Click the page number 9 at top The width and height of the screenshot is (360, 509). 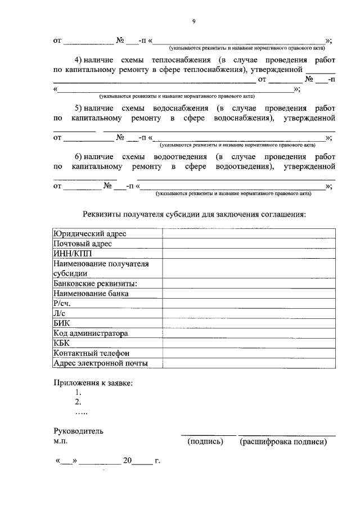(x=193, y=21)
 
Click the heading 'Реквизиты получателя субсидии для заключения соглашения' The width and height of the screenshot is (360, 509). (x=194, y=214)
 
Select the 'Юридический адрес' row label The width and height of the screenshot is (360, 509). (x=89, y=234)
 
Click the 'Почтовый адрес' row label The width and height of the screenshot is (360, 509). (x=82, y=244)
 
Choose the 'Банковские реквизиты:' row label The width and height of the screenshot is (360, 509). (x=95, y=283)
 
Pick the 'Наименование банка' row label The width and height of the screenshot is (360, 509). (x=91, y=293)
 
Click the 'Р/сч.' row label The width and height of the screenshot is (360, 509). (x=61, y=303)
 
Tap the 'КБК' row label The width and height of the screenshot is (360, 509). (x=61, y=343)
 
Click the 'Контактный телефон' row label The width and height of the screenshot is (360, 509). (x=91, y=353)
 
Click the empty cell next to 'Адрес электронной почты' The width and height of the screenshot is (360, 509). (x=249, y=363)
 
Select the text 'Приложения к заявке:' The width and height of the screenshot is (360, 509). (x=93, y=383)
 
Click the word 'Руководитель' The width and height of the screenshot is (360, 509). (x=78, y=431)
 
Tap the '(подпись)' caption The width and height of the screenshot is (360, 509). (x=205, y=442)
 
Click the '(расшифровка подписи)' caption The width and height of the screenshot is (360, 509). (x=283, y=442)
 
